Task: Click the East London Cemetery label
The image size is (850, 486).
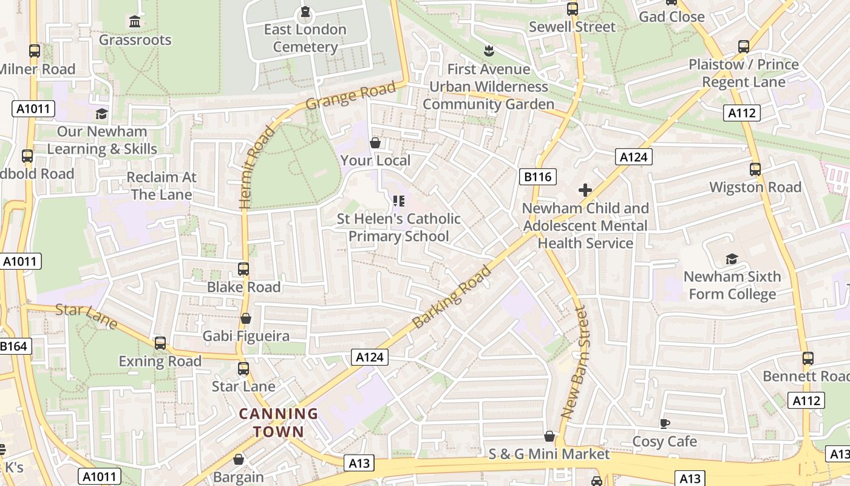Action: point(305,38)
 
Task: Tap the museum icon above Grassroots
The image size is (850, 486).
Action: point(135,22)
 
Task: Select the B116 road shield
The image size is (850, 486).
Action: point(537,177)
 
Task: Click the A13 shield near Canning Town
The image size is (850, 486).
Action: point(359,463)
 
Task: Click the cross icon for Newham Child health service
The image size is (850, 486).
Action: point(585,190)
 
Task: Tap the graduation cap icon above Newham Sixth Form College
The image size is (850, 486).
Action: point(732,259)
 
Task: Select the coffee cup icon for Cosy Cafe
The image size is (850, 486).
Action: point(665,423)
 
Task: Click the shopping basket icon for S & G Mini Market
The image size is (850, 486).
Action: point(549,436)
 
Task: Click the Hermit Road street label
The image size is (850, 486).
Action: point(254,168)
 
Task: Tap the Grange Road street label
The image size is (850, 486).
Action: point(350,95)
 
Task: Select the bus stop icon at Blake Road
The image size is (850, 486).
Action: point(243,269)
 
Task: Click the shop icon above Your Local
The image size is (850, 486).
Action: point(375,143)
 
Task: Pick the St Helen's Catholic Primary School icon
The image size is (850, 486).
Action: point(399,200)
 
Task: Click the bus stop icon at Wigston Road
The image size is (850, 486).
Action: point(755,169)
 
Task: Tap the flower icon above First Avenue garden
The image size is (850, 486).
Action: point(488,50)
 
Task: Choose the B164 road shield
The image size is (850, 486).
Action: point(13,346)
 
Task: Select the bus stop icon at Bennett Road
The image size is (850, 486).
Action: point(807,358)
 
